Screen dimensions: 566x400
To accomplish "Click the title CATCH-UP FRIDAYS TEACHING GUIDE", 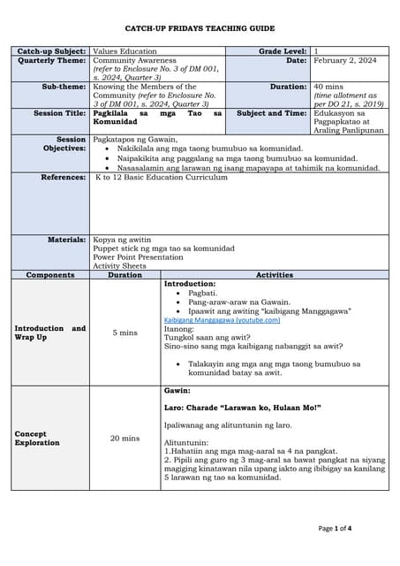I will tap(200, 29).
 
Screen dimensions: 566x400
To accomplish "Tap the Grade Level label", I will tap(283, 52).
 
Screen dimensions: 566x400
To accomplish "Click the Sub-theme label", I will tap(64, 88).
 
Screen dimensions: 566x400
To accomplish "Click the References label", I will tap(64, 177).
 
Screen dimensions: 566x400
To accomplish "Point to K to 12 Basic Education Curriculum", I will tap(162, 177).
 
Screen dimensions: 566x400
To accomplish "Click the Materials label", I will tap(67, 240).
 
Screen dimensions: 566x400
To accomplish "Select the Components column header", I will tap(50, 275).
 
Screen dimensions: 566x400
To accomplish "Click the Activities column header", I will tap(274, 275).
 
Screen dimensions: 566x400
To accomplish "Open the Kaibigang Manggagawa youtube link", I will tap(223, 320).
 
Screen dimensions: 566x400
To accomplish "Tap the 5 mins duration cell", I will tap(125, 333).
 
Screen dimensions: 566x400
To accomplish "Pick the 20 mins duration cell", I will tap(125, 438).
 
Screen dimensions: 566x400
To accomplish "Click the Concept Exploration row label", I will tap(37, 438).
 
